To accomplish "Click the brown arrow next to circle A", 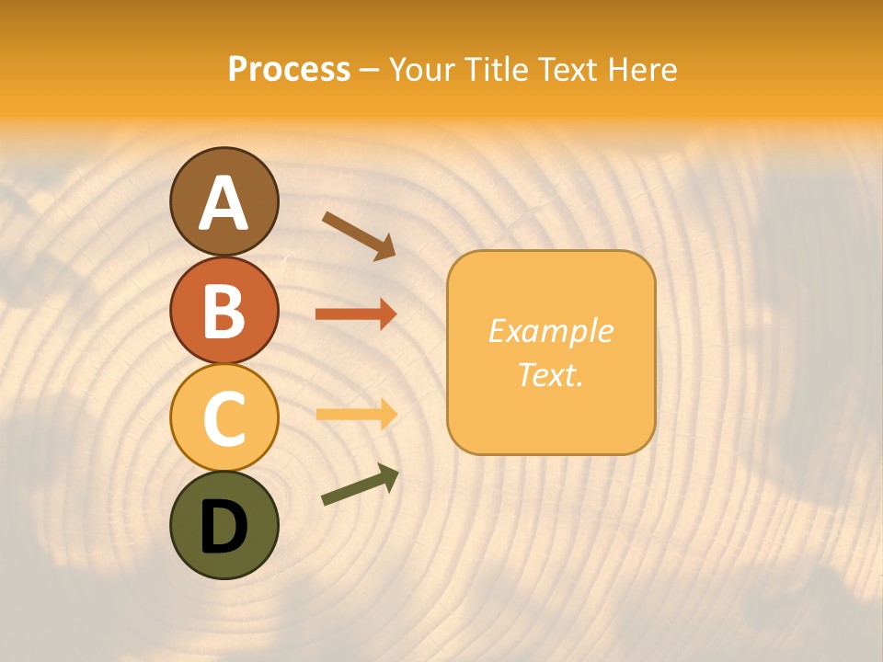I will pyautogui.click(x=359, y=235).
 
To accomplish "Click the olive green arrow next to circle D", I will pyautogui.click(x=360, y=485).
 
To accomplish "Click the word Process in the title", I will pyautogui.click(x=289, y=69).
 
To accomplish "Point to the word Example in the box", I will pyautogui.click(x=551, y=331).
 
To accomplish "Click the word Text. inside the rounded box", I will pyautogui.click(x=551, y=374).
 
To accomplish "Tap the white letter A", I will pyautogui.click(x=224, y=203).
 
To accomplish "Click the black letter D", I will pyautogui.click(x=224, y=527).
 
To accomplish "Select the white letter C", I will pyautogui.click(x=224, y=418).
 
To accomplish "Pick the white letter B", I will pyautogui.click(x=224, y=311).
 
